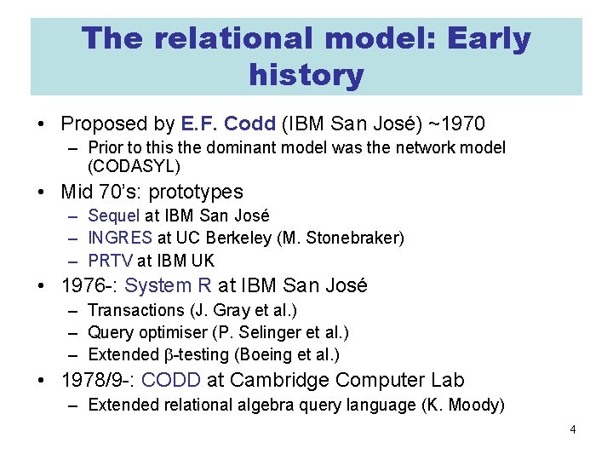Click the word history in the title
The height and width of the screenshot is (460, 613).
click(306, 75)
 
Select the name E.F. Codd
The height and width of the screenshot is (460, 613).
click(229, 124)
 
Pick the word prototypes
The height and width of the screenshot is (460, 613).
click(193, 192)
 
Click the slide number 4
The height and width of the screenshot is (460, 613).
click(573, 430)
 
